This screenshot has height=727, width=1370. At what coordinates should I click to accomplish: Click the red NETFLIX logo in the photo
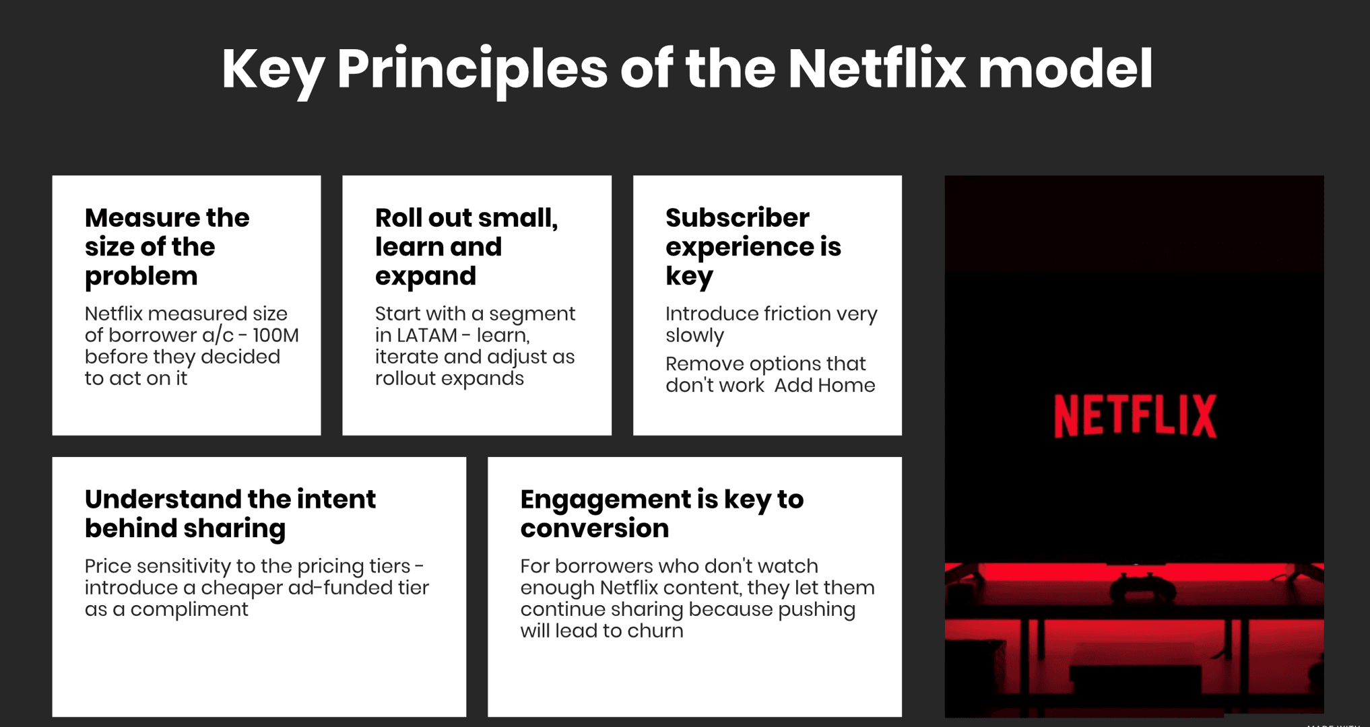[1135, 416]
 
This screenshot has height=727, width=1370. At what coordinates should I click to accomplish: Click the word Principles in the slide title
[472, 70]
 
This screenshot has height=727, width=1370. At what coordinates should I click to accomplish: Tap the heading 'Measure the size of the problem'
[167, 246]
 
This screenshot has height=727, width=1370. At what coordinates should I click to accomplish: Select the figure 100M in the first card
[275, 335]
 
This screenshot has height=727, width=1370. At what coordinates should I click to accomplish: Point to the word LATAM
[426, 335]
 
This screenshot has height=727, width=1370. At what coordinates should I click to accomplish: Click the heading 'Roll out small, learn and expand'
[466, 246]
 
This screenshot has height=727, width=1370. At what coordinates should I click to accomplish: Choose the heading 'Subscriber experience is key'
[753, 246]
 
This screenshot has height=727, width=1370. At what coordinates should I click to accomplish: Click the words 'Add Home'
[824, 385]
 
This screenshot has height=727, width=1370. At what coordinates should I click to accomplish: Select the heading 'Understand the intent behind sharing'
[230, 514]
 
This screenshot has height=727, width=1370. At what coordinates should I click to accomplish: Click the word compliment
[189, 610]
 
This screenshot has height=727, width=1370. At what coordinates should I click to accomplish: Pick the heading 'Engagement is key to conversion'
[662, 514]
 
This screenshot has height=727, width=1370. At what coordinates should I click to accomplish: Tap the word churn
[655, 631]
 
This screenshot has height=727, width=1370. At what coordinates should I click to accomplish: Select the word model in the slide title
[1066, 69]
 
